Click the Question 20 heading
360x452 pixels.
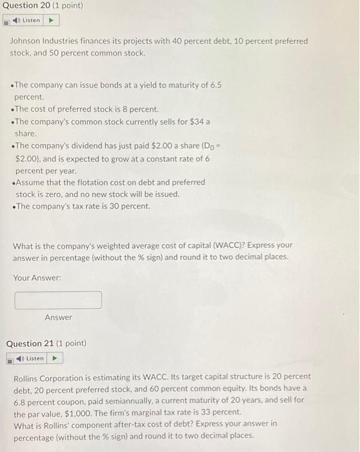point(38,6)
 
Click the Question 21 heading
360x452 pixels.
point(46,344)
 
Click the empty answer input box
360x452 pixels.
point(58,300)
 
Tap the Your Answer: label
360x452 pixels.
point(37,278)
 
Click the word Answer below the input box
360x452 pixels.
point(58,318)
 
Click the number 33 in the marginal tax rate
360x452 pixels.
point(203,412)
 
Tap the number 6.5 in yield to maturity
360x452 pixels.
point(214,85)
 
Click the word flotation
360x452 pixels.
point(103,182)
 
